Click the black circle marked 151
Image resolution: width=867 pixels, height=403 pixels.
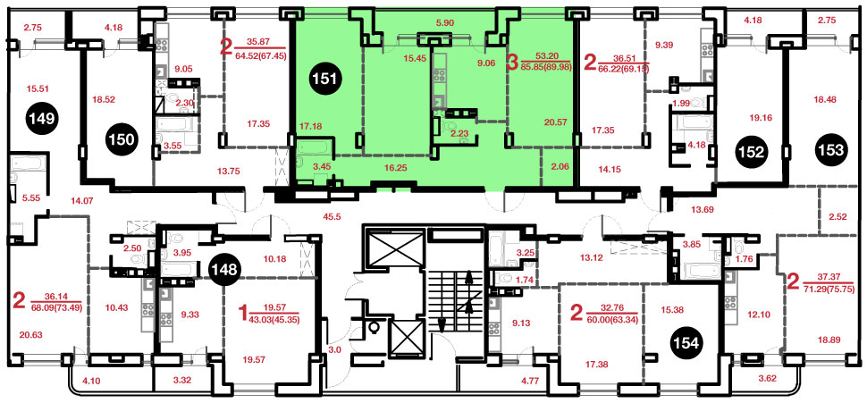327,78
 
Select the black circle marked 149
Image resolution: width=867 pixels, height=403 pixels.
43,118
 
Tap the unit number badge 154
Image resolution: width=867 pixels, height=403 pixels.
686,342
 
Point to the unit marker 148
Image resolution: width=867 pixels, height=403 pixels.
224,270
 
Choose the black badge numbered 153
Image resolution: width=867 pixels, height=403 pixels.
831,149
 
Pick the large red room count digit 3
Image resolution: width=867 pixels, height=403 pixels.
511,60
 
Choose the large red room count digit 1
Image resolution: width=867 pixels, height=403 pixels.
241,315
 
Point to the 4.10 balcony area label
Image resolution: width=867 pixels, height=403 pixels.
88,381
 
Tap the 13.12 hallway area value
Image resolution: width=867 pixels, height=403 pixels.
591,256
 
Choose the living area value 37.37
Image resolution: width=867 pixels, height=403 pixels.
827,278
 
